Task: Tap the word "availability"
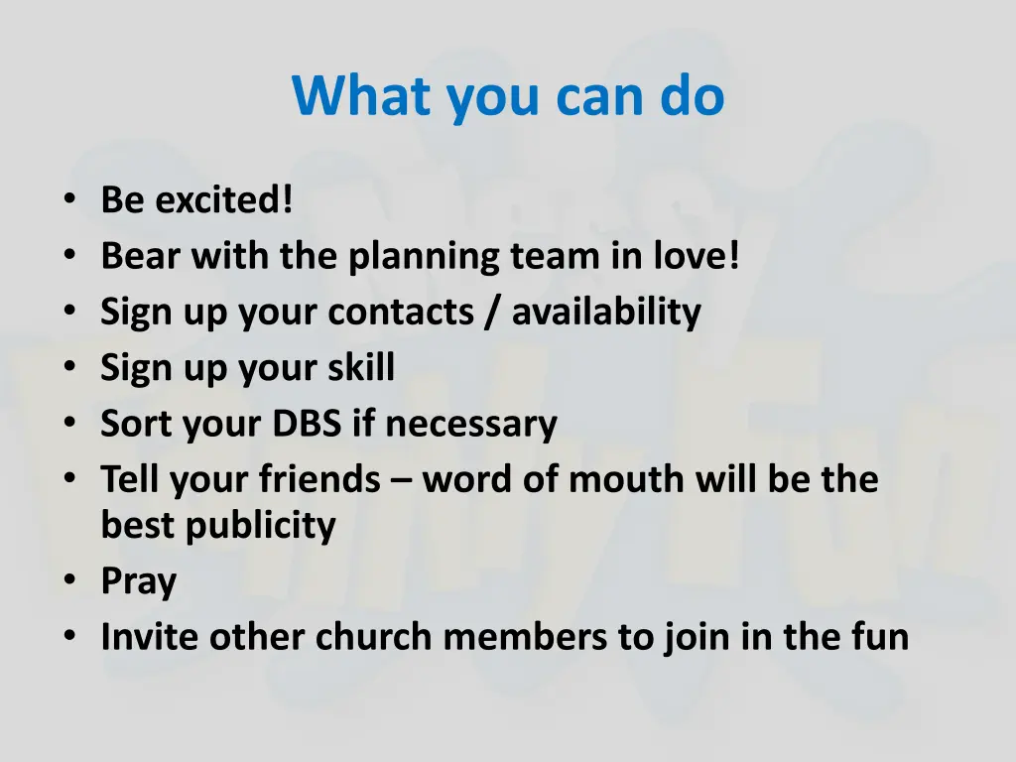606,313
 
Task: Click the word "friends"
319,480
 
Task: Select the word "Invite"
149,637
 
